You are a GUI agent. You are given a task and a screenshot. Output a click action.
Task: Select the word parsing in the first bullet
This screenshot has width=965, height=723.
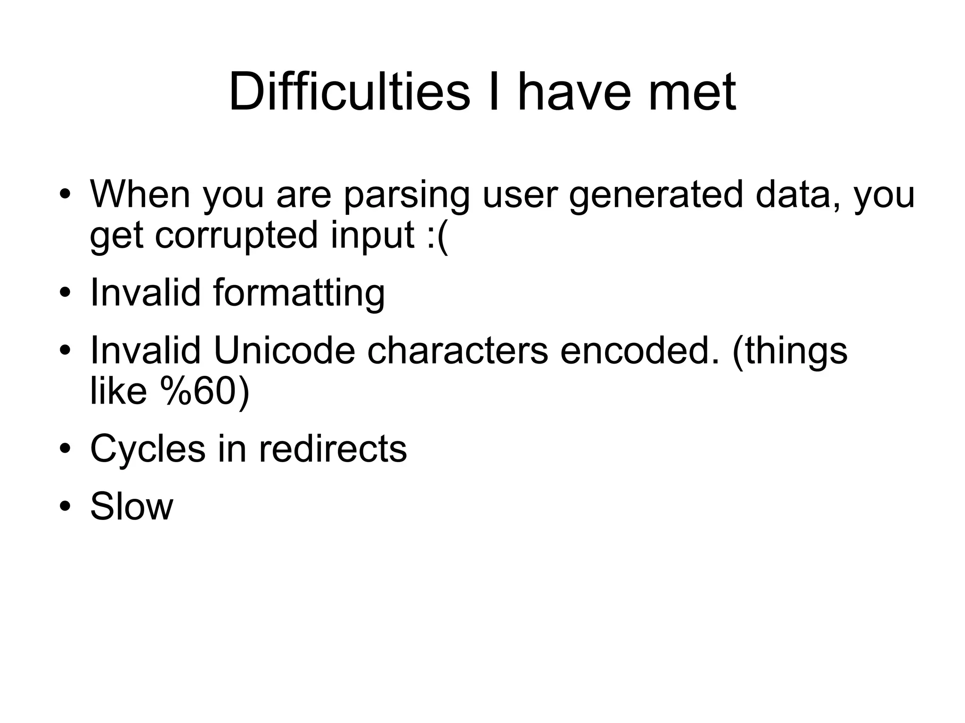coord(407,195)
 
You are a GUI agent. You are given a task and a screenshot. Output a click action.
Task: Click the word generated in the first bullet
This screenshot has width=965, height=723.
coord(655,195)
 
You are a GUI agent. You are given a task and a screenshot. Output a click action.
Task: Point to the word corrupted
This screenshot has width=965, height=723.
coord(236,236)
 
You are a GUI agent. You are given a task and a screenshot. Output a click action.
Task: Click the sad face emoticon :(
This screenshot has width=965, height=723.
coord(437,236)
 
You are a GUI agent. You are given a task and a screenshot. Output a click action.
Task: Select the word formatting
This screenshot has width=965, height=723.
coord(299,292)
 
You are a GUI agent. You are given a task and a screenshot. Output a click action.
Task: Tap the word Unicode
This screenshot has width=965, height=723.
coord(284,350)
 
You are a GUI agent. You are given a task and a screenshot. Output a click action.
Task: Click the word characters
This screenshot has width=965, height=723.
coord(458,350)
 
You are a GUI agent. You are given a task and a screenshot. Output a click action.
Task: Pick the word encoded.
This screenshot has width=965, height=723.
coord(640,350)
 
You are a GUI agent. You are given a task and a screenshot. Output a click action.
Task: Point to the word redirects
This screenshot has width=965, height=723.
coord(333,449)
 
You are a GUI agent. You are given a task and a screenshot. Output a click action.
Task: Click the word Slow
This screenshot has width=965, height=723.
coord(131,506)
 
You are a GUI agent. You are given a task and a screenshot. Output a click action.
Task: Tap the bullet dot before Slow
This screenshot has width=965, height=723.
coord(65,507)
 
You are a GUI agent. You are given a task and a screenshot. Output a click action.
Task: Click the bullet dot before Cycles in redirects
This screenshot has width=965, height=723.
coord(65,449)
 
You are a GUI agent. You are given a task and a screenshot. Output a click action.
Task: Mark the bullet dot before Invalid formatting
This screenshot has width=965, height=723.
coord(65,293)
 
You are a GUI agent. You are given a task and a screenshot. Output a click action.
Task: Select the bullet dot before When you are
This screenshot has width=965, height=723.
coord(65,195)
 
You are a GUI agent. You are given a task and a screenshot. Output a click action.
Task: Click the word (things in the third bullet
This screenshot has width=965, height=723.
coord(790,351)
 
